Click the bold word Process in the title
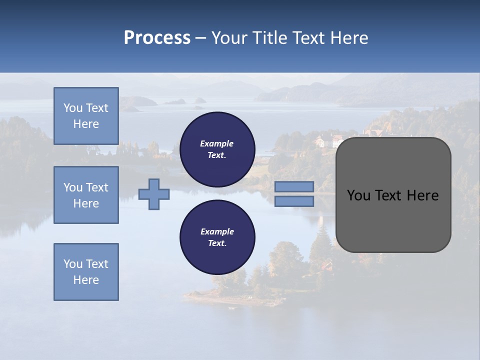[157, 38]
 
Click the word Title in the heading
[269, 38]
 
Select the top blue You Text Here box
[86, 116]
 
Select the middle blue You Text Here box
[86, 195]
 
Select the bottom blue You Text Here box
[86, 272]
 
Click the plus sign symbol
[154, 194]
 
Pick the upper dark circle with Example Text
[217, 149]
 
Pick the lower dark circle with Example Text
[217, 237]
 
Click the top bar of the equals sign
[294, 187]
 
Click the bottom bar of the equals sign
[294, 201]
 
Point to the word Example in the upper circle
[217, 143]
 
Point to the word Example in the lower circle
[217, 231]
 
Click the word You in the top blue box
[73, 108]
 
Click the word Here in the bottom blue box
[86, 280]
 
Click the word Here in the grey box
[422, 195]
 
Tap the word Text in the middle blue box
[96, 187]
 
